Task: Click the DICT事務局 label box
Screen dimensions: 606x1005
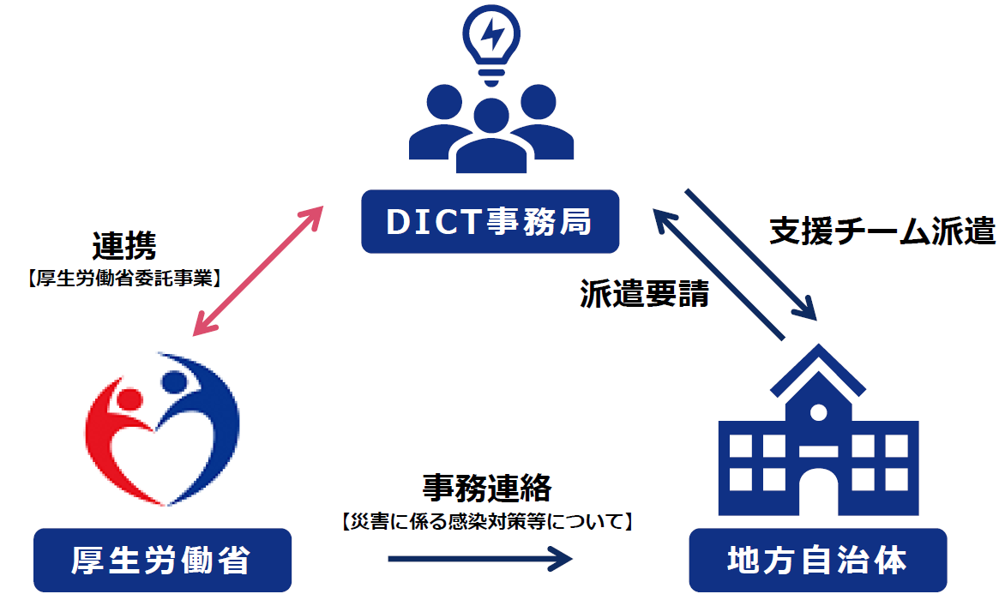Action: tap(490, 222)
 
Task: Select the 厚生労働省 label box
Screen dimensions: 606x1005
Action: tap(162, 561)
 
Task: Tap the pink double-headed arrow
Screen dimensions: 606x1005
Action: tap(257, 270)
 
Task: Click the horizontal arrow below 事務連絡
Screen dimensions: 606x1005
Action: tap(480, 560)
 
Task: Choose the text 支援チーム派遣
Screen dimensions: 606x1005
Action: tap(882, 231)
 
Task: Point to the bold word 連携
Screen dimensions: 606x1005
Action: tap(125, 248)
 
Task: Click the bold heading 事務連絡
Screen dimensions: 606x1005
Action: tap(486, 488)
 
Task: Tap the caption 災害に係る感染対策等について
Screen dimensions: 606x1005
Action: tap(486, 520)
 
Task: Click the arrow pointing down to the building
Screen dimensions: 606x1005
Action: tap(750, 254)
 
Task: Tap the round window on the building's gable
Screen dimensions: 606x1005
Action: tap(818, 412)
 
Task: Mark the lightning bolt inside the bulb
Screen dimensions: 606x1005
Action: tap(492, 35)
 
